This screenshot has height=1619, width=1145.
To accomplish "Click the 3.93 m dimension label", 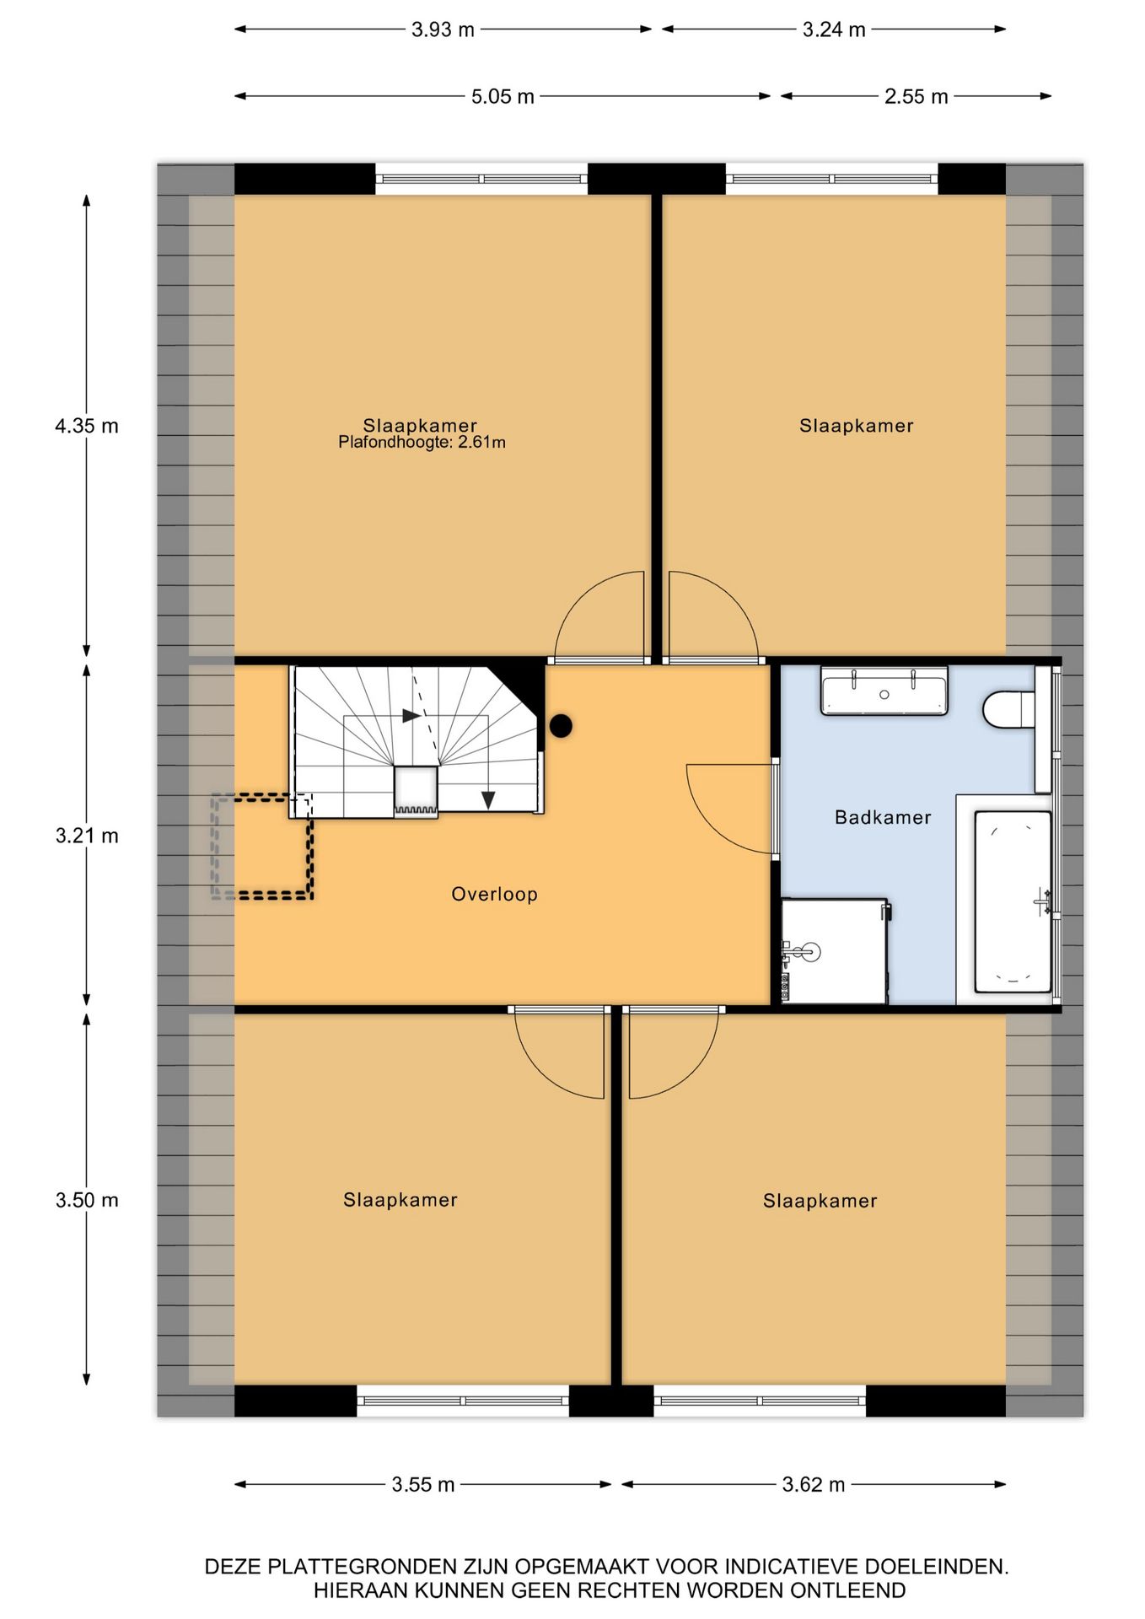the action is point(443,30).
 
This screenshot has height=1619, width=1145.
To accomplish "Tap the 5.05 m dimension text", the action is point(503,96).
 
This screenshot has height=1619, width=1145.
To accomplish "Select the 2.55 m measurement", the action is point(916,96).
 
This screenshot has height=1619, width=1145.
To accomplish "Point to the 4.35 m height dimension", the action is point(87,426).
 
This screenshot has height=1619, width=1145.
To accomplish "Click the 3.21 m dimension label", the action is point(87,836).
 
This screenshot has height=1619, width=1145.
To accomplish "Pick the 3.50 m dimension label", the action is point(87,1200).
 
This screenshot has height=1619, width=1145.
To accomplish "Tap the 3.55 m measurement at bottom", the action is point(422,1484).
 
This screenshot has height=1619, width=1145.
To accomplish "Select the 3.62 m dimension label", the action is point(813,1484).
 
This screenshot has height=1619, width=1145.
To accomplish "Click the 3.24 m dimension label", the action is point(833,30).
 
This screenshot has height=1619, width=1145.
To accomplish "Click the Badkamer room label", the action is point(883,817).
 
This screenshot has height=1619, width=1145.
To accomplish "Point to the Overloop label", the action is point(494,894).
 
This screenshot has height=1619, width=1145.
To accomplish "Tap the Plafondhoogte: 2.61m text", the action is point(422,443).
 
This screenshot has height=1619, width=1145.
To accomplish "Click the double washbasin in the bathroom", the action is point(884,691).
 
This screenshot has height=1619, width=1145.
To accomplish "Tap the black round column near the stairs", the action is point(561,725).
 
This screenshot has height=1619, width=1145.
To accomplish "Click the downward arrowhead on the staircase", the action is point(488,800).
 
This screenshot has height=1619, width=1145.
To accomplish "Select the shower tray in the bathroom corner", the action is point(834,951).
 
